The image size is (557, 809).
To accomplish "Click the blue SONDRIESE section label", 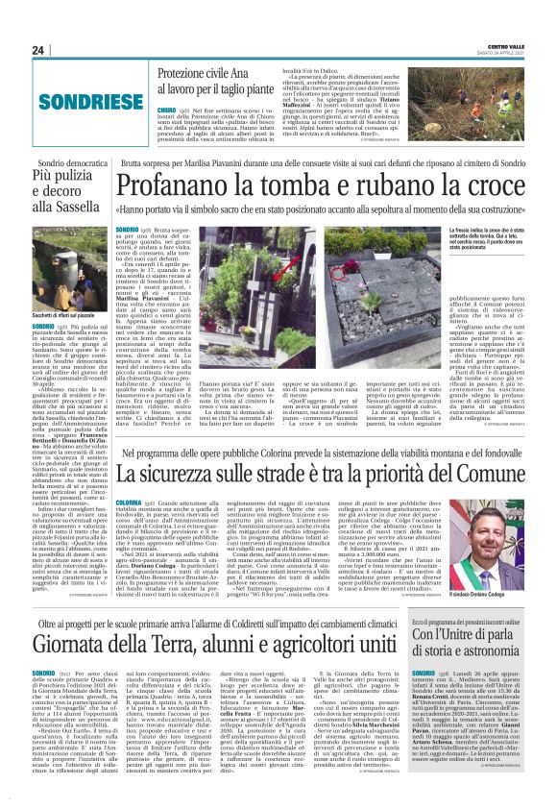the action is pyautogui.click(x=71, y=98).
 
